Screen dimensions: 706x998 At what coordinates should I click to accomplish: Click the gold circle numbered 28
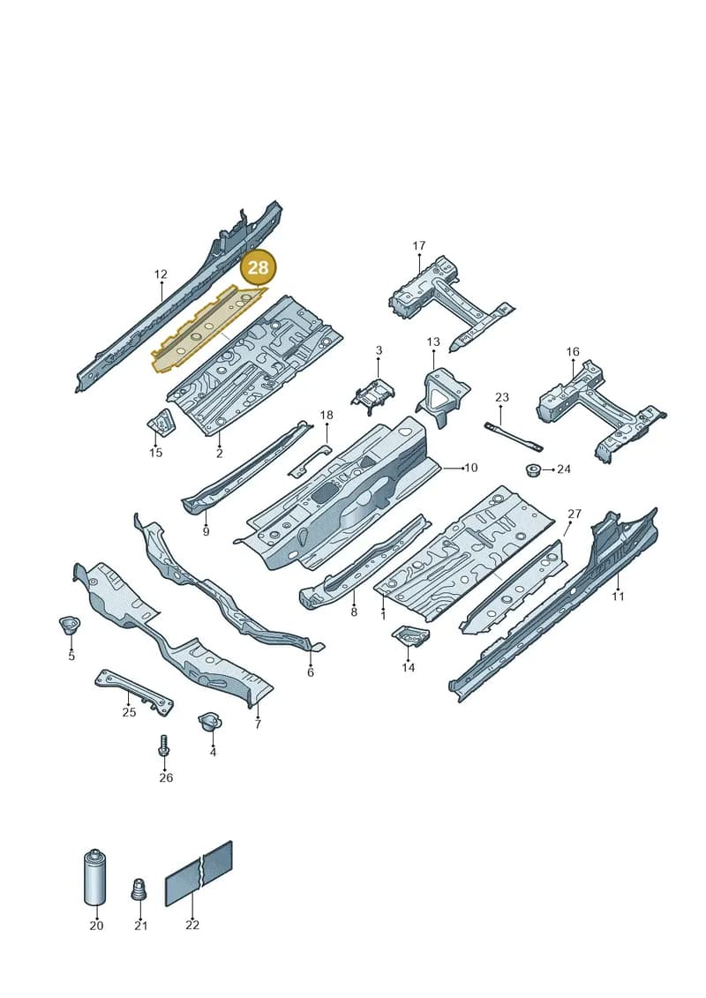258,267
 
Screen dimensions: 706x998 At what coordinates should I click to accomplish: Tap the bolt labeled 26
163,746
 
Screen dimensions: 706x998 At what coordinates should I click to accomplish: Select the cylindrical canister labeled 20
94,877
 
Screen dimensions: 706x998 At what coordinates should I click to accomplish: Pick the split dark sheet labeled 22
199,874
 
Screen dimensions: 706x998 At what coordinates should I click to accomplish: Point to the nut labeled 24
533,471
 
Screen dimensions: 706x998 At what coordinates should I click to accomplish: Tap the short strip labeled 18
310,461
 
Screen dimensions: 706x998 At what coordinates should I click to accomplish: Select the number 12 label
161,274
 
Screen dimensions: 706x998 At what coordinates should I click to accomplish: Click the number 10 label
471,468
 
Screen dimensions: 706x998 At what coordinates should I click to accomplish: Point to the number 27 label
575,514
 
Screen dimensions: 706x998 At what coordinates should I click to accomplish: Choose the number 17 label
419,245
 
